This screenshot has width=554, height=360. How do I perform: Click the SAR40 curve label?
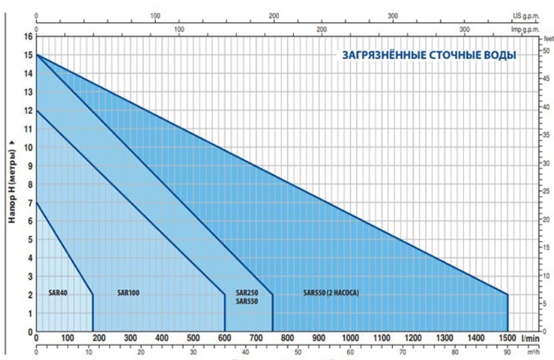click(58, 293)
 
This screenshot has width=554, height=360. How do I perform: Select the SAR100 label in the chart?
click(128, 293)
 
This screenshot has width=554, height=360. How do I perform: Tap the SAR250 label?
click(247, 293)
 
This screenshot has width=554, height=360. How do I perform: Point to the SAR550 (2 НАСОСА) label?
click(334, 293)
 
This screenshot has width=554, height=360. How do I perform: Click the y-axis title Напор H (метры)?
click(11, 182)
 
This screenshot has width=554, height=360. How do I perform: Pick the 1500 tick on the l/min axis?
click(507, 338)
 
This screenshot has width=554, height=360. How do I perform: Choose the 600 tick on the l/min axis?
click(225, 338)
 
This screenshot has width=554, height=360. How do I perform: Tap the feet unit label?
click(546, 37)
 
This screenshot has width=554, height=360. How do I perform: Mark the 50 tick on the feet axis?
click(545, 52)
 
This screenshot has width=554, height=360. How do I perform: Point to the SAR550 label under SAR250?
click(247, 302)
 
